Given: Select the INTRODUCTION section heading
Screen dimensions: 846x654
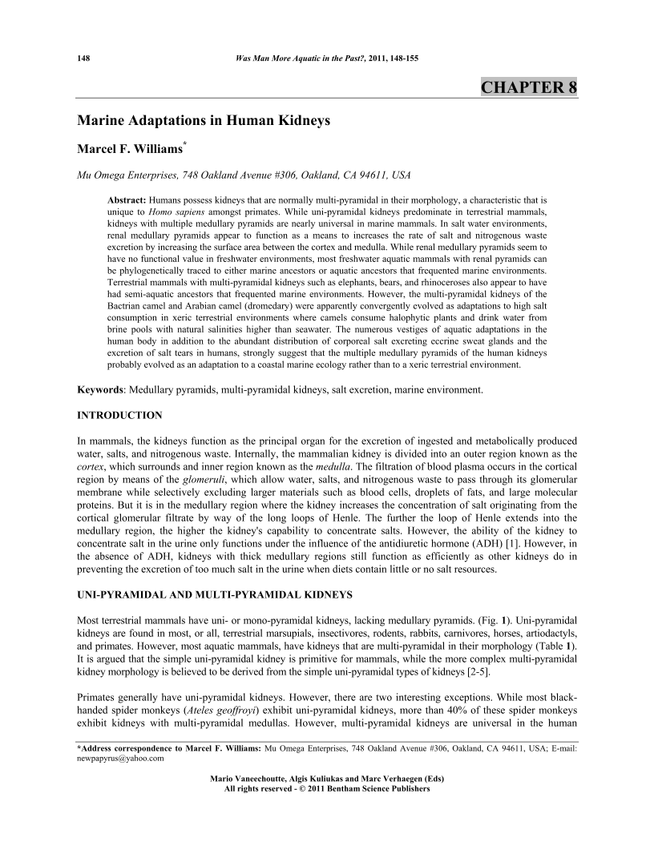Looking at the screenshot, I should (x=119, y=415).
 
